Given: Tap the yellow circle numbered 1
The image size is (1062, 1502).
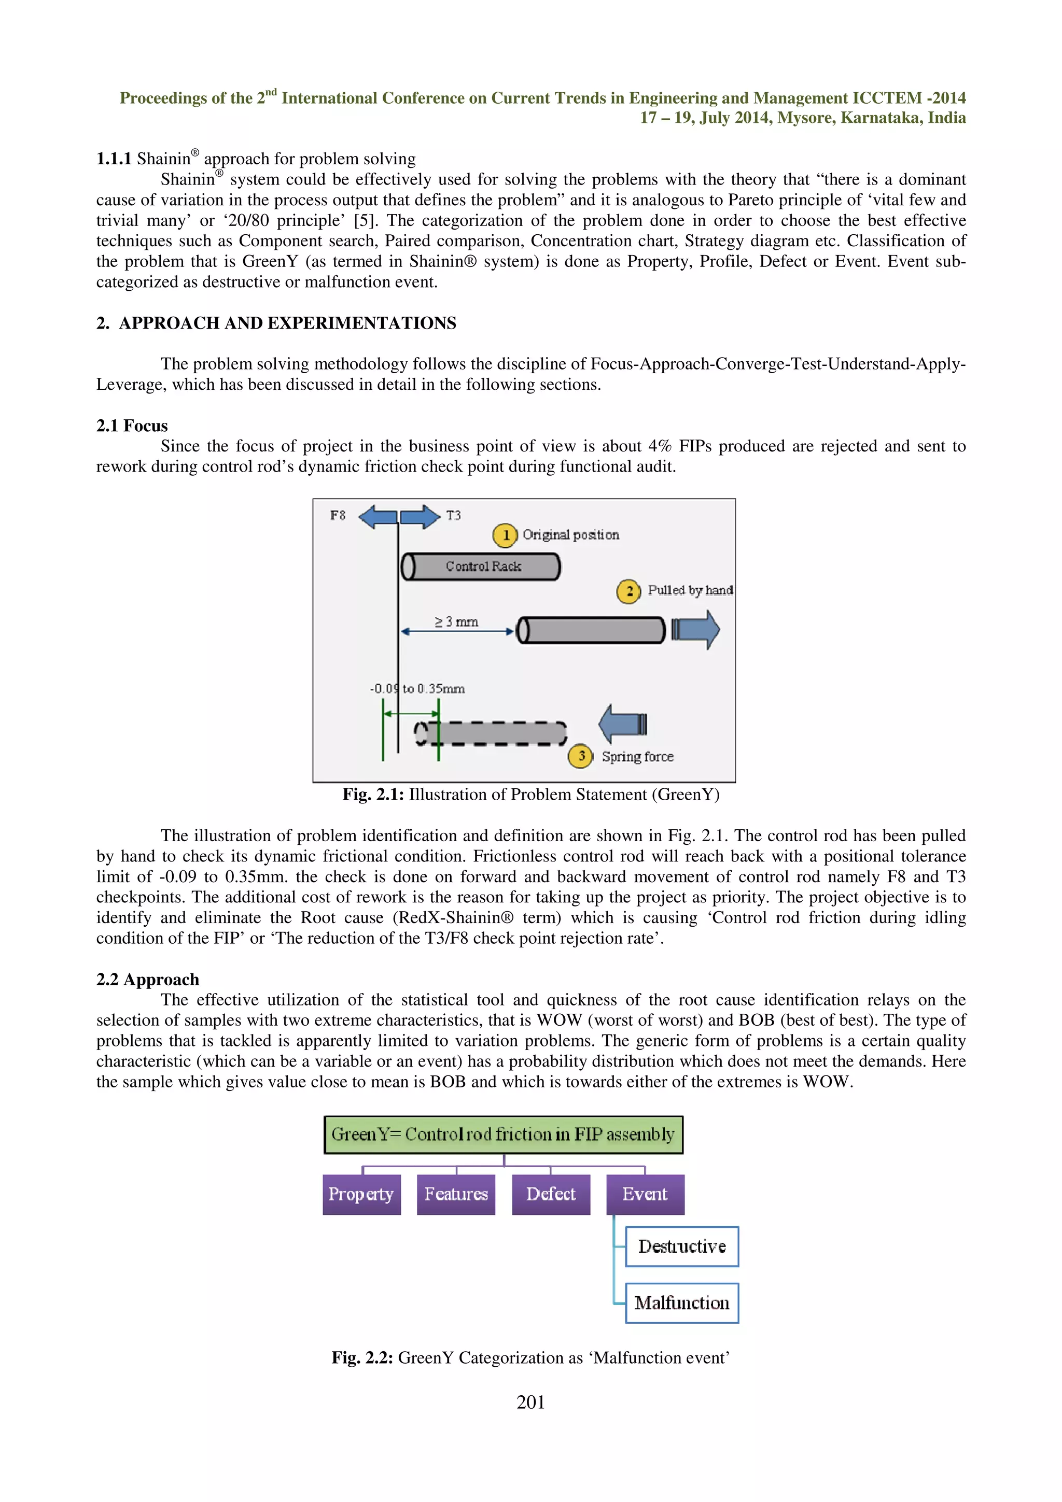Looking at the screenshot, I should [505, 535].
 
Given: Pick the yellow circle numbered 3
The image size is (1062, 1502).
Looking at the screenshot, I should [580, 756].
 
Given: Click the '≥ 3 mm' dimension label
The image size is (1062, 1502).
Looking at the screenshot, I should [457, 621].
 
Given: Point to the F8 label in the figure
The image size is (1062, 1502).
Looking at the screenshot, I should [338, 516].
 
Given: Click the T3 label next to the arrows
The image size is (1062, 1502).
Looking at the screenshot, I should [453, 516].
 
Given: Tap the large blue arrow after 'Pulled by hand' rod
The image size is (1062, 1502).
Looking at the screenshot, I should [696, 629].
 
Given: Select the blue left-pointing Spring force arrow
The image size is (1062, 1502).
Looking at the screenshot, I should [622, 724].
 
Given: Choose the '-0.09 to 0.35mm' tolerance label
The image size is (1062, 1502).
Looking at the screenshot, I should [417, 688].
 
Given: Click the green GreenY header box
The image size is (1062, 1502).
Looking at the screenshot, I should [503, 1135].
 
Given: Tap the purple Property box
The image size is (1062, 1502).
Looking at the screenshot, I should [361, 1195].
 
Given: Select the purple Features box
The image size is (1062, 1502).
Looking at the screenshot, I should [456, 1195].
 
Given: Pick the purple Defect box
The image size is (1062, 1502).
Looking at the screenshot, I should [551, 1195].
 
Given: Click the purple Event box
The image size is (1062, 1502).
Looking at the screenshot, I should [645, 1195].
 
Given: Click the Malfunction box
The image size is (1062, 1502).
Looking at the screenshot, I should [682, 1303].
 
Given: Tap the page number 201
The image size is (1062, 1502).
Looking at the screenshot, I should [530, 1402].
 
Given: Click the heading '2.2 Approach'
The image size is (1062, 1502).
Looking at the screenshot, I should [148, 980].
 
